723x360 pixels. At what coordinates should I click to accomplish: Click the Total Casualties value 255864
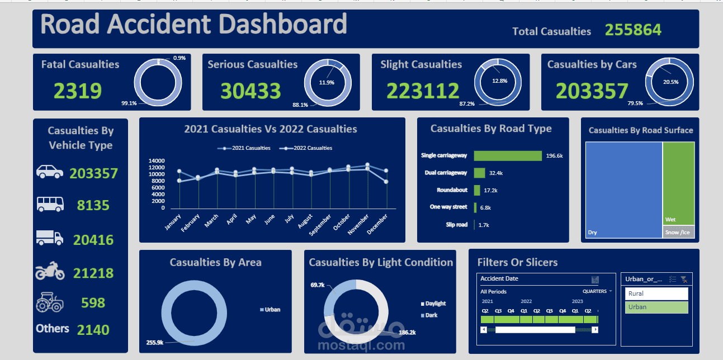tap(633, 30)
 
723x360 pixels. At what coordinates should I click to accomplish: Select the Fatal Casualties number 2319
tap(78, 91)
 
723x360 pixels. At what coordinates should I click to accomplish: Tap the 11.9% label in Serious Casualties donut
tap(327, 82)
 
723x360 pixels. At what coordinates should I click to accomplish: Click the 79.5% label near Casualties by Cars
tap(635, 103)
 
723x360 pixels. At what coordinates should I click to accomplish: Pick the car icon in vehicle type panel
tap(50, 172)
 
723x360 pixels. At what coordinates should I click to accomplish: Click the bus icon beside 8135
tap(50, 204)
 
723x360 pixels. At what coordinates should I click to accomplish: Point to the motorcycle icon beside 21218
tap(50, 272)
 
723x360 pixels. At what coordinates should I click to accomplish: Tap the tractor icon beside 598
tap(50, 302)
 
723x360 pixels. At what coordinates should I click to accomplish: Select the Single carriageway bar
tap(507, 156)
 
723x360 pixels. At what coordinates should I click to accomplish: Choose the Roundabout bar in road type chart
tap(477, 191)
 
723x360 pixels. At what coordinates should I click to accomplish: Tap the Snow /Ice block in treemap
tap(678, 232)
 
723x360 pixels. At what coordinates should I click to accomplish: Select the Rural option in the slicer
tap(656, 293)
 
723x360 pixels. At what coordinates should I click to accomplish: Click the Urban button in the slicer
tap(656, 307)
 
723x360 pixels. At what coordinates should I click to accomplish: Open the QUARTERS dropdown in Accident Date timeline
tap(597, 291)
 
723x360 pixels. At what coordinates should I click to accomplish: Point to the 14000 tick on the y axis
tap(157, 161)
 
